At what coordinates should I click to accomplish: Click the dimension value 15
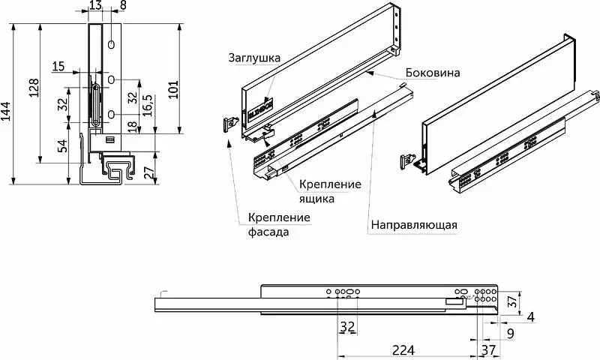58,67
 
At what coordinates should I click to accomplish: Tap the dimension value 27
149,174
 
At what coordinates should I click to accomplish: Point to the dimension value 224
403,349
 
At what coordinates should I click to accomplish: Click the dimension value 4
530,316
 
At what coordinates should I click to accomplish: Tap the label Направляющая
413,223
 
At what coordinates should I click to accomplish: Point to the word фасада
268,232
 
